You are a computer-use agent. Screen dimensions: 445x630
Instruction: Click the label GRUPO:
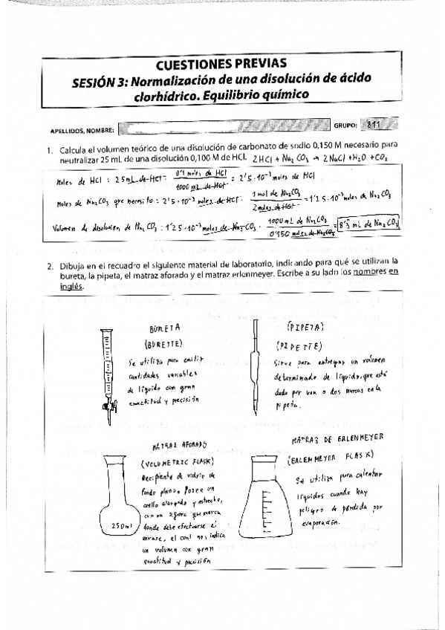[345, 127]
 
